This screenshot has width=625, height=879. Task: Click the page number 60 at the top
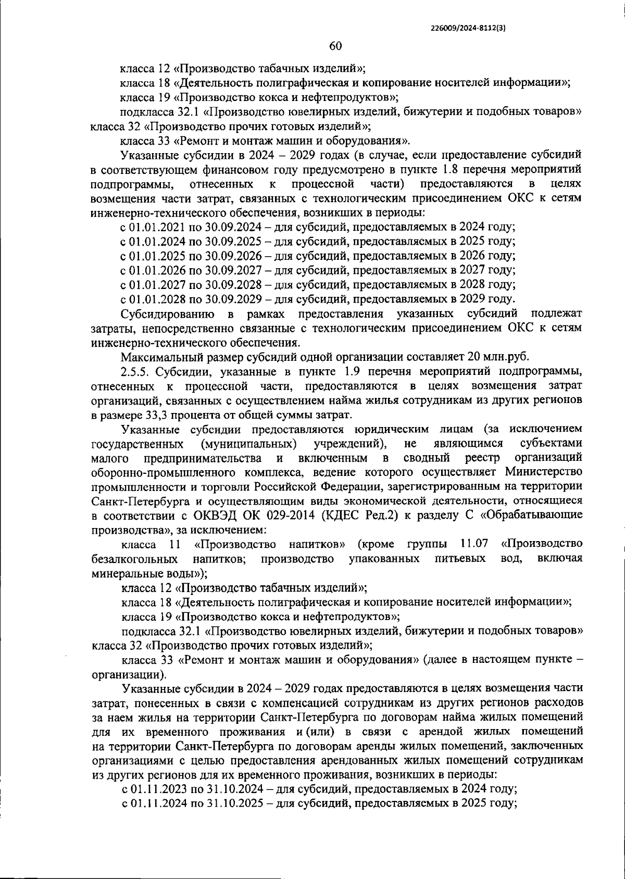pos(335,46)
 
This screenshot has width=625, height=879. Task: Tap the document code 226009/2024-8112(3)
pos(469,29)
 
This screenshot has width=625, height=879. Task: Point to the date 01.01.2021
pos(154,227)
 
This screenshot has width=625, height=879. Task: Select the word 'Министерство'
pos(544,472)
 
